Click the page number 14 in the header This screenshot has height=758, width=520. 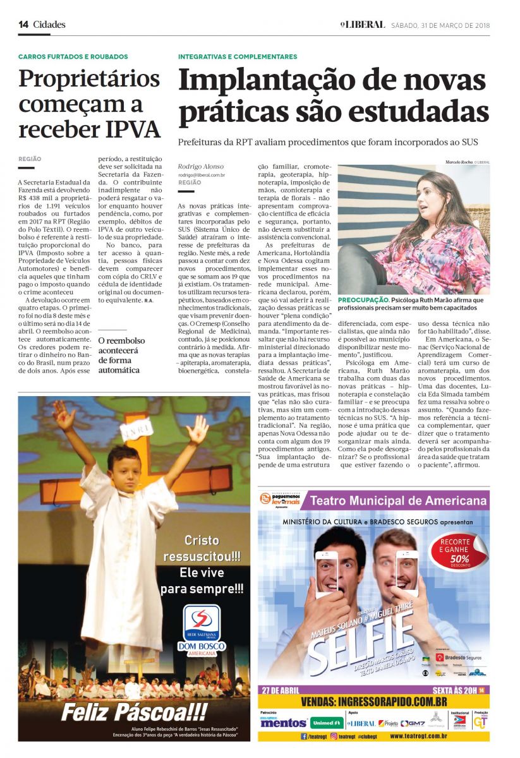point(23,25)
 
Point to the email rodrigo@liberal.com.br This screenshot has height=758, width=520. point(202,174)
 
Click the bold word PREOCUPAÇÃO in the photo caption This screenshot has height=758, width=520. point(363,300)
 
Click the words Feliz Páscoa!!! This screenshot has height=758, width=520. point(134,713)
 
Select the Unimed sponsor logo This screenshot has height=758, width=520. point(327,723)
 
